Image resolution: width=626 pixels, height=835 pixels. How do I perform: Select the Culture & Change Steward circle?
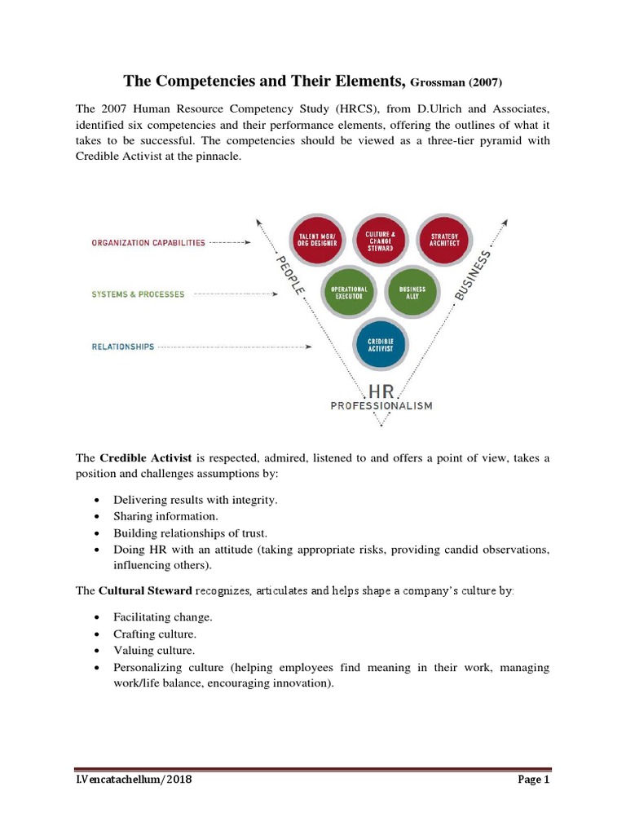point(381,242)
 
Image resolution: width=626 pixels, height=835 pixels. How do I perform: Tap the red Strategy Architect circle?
point(445,242)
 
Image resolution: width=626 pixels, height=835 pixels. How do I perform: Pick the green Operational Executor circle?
point(348,293)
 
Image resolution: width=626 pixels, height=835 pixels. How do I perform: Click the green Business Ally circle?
point(412,293)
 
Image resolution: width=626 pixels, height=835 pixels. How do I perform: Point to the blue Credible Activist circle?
point(381,345)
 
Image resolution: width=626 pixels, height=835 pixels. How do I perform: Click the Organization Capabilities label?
point(148,243)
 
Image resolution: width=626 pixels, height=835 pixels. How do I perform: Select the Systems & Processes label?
point(137,294)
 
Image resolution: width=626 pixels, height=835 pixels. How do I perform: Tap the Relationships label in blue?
point(122,347)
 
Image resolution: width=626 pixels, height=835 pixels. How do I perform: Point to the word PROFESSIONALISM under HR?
point(381,405)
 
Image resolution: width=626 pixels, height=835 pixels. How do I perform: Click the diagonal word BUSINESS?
point(474,276)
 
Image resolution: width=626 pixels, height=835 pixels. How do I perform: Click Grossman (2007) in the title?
point(457,82)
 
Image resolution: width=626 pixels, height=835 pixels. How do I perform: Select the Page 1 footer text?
point(535,780)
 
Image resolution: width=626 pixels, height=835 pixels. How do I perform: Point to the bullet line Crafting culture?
point(155,633)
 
